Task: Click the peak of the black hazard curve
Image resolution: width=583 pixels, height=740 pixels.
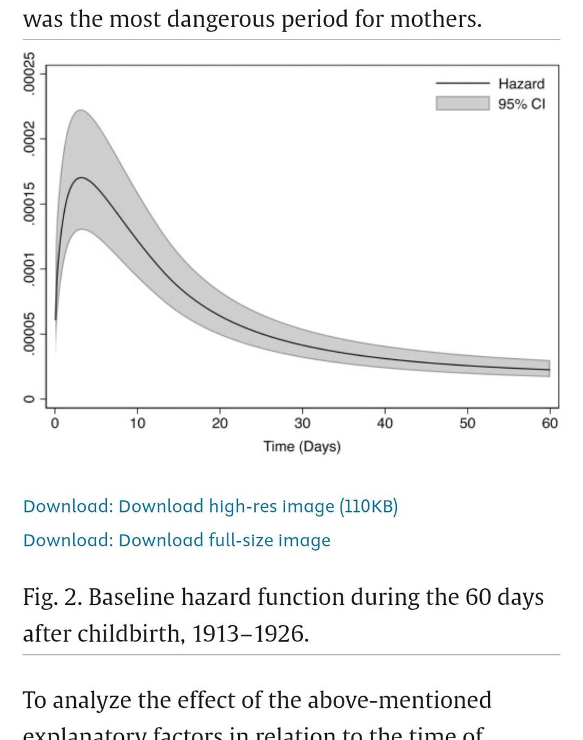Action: (81, 178)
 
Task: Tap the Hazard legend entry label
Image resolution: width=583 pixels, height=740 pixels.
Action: (521, 84)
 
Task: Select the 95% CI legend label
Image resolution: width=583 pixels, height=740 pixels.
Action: (521, 103)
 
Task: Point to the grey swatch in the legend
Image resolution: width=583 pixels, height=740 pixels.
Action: (461, 103)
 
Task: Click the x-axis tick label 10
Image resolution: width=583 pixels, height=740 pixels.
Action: (137, 423)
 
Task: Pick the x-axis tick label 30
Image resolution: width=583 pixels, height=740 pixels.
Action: (302, 423)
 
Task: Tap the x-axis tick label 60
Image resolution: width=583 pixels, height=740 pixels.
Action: (550, 423)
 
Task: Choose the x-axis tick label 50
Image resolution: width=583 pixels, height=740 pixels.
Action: (467, 423)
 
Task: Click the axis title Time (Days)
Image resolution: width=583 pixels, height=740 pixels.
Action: (302, 446)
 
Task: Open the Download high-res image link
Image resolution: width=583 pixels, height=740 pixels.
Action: (258, 506)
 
